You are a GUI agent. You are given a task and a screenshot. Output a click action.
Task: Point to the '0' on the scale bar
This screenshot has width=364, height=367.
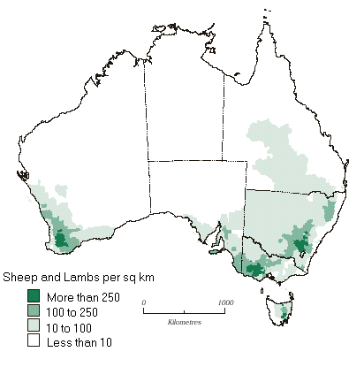point(144,302)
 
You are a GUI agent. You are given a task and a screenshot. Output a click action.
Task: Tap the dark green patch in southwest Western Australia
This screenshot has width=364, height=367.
point(62,238)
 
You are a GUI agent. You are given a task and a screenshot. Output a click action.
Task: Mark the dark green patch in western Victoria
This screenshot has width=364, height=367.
point(255,270)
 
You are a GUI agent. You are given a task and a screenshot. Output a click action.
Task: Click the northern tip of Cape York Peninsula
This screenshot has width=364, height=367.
point(264,18)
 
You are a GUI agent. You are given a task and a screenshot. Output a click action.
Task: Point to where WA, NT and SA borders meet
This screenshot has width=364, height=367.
point(148,161)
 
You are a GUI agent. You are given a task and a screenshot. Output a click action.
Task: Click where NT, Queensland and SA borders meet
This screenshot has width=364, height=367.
point(223,161)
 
